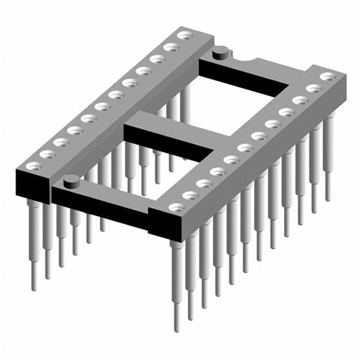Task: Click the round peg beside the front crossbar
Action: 71,181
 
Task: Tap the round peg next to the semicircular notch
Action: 220,54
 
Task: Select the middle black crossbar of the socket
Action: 169,138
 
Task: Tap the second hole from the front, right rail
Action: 191,195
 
